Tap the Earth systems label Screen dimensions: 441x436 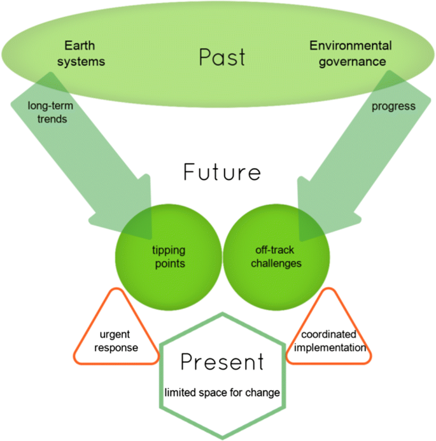tap(84, 53)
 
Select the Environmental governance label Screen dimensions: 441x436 tap(350, 53)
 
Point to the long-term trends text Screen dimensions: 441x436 tap(48, 112)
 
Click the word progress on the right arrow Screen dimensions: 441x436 tap(393, 106)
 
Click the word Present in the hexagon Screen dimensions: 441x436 tap(222, 362)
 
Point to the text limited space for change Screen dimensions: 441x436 tap(222, 393)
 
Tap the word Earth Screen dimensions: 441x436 tap(78, 46)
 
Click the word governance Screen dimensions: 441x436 tap(351, 62)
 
